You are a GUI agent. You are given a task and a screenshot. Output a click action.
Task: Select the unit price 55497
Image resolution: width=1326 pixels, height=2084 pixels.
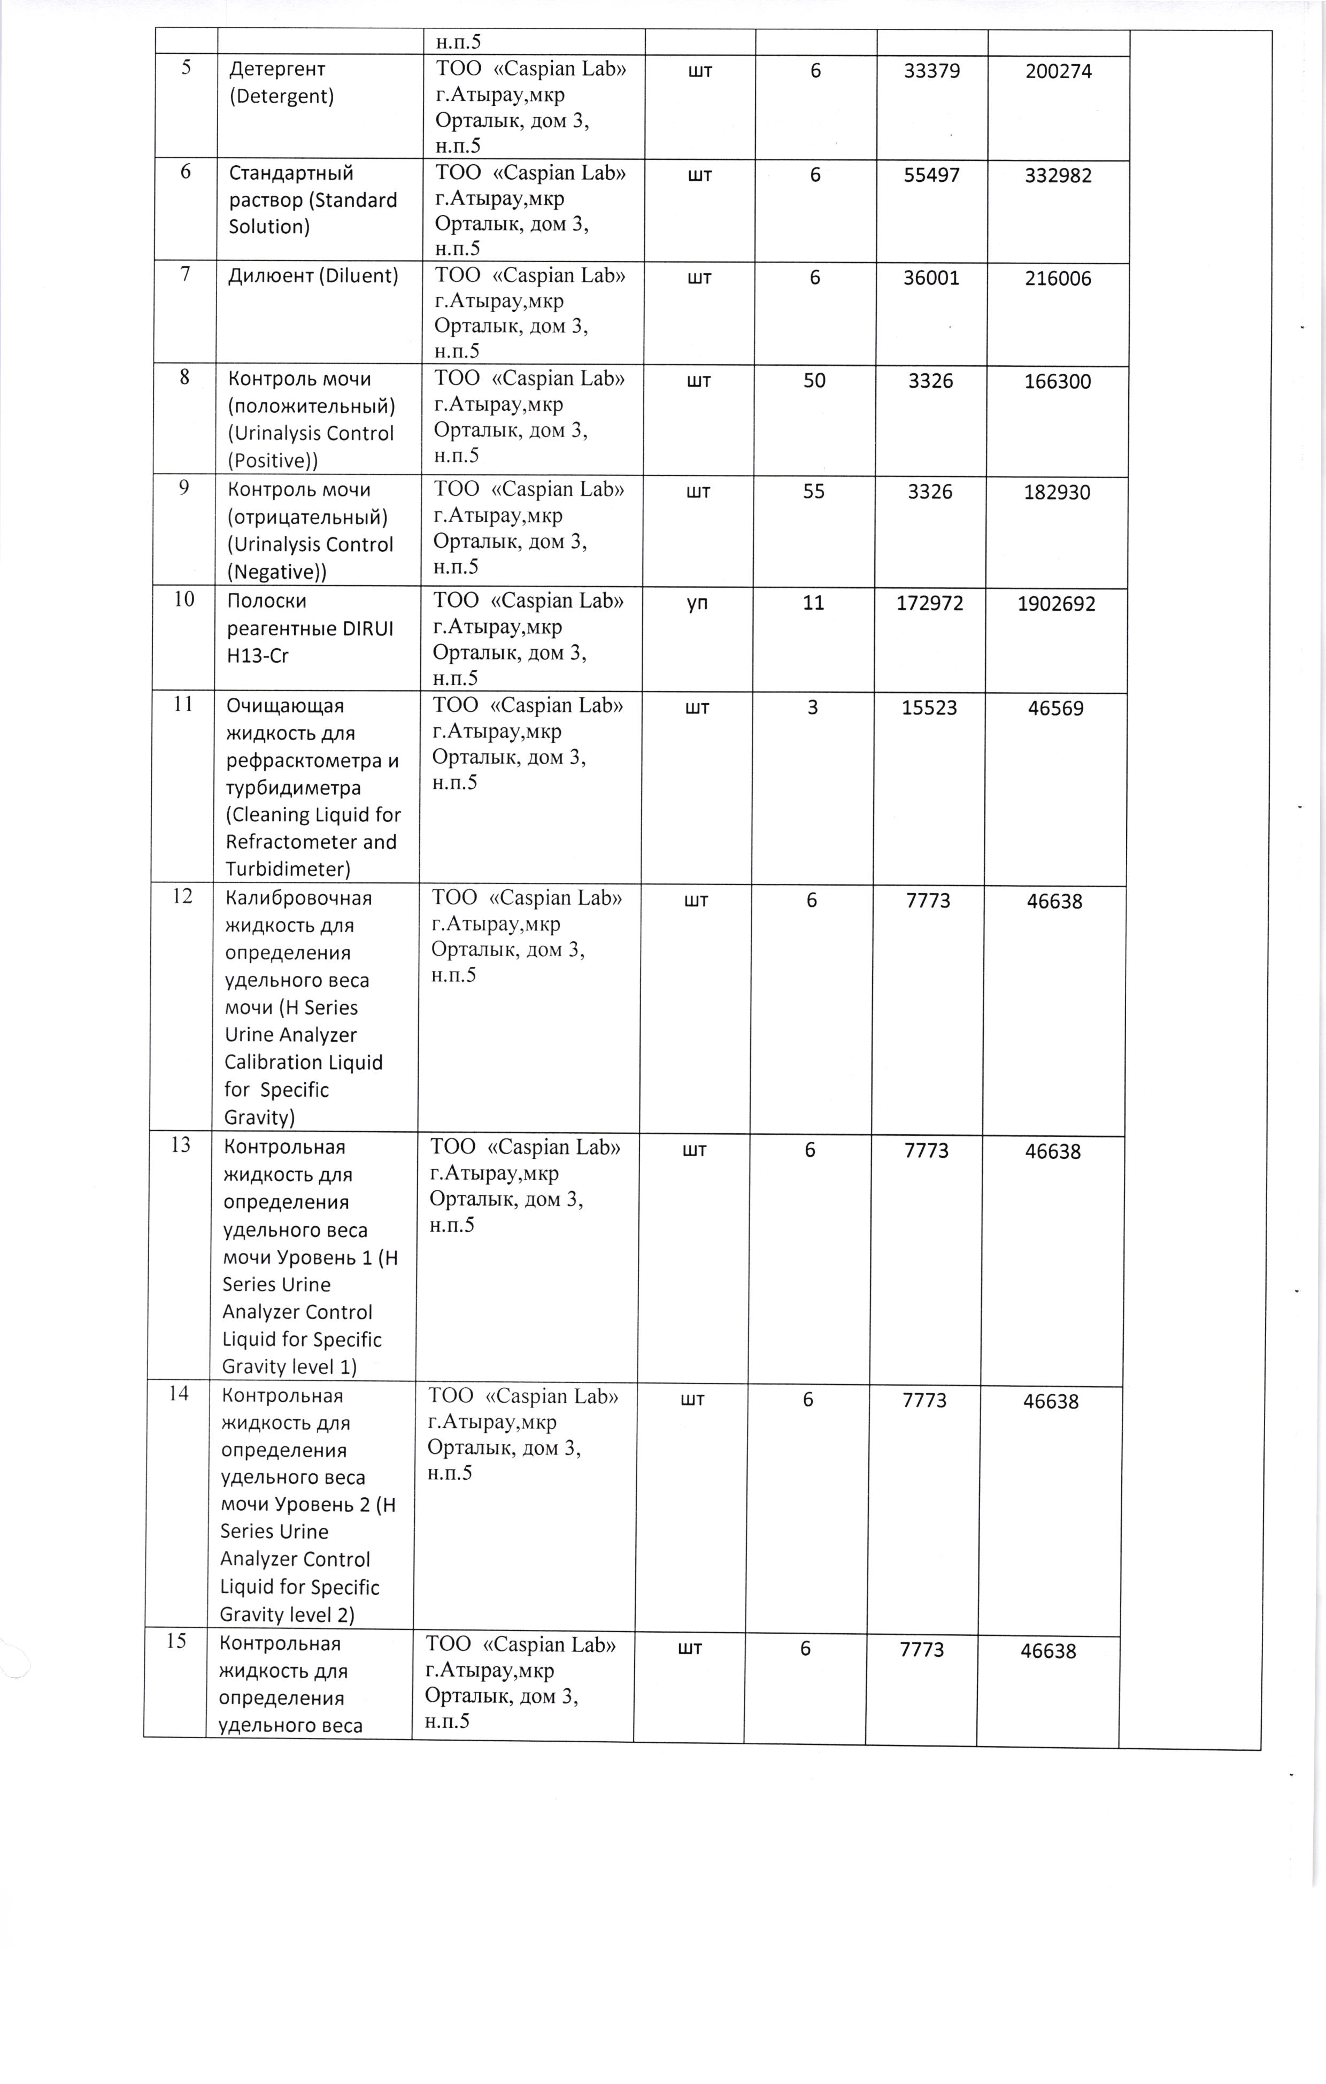932,175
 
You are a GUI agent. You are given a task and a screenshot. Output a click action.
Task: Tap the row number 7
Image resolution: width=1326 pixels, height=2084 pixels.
185,276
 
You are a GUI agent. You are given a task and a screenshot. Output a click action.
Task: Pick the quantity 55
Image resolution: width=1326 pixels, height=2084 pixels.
814,491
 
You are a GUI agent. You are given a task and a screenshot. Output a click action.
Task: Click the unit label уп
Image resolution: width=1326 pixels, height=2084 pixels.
698,602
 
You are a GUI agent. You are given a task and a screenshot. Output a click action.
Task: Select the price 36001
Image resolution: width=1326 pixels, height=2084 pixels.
931,278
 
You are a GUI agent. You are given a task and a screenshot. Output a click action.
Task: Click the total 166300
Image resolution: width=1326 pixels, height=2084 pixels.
1057,382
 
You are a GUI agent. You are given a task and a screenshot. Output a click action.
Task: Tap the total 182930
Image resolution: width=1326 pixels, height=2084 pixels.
1057,493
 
